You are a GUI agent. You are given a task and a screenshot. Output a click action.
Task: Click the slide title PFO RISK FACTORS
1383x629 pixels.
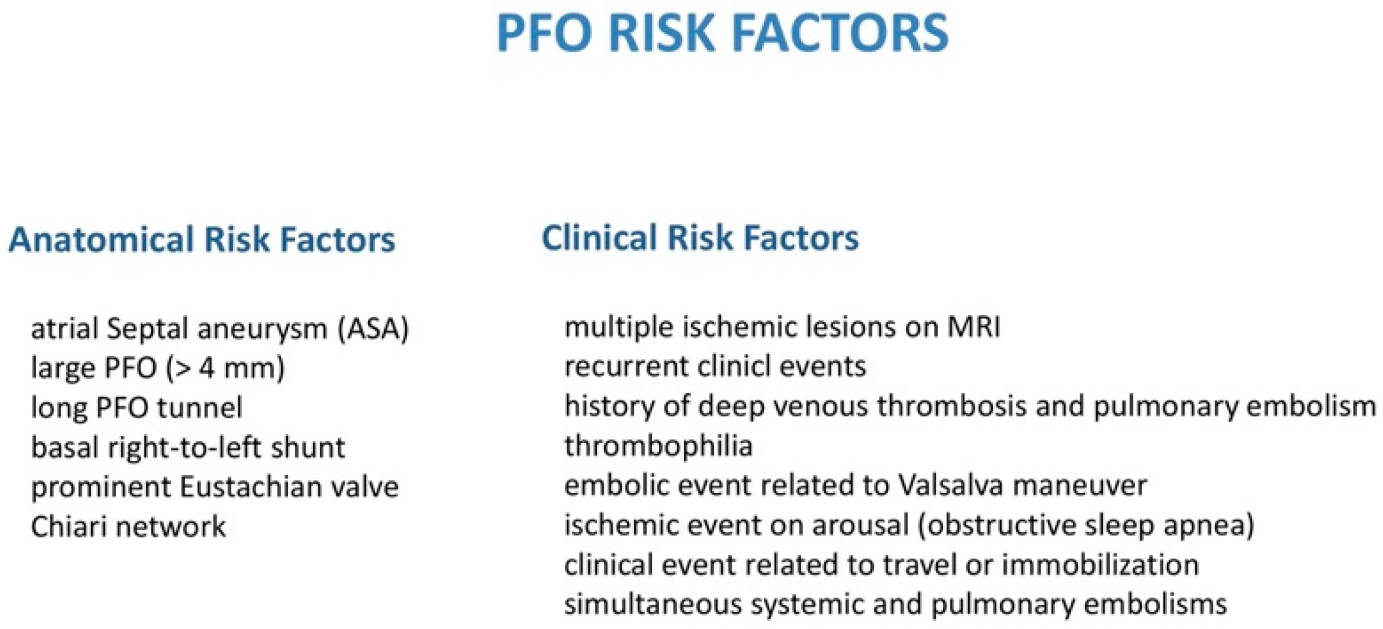click(x=723, y=33)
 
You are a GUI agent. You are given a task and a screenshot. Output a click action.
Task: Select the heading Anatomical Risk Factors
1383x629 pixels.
click(x=202, y=239)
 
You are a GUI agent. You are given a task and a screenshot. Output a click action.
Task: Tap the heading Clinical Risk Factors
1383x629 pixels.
click(x=700, y=237)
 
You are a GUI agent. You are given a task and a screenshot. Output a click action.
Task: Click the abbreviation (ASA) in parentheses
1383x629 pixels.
click(x=374, y=329)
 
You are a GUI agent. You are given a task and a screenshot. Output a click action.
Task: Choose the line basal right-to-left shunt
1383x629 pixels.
click(x=188, y=448)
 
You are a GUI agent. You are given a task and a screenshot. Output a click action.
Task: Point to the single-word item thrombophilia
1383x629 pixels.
click(x=658, y=446)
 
